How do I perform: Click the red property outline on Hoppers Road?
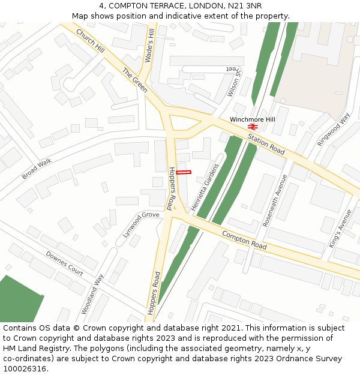point(184,173)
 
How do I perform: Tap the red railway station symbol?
point(253,127)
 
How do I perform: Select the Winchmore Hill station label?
point(252,119)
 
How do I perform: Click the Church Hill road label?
point(91,40)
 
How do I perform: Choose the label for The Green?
point(135,80)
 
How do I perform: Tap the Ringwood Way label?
point(333,129)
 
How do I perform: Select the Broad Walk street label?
point(37,169)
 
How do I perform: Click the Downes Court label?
point(64,263)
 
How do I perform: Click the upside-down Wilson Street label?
point(233,81)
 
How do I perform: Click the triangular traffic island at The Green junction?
point(184,122)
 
